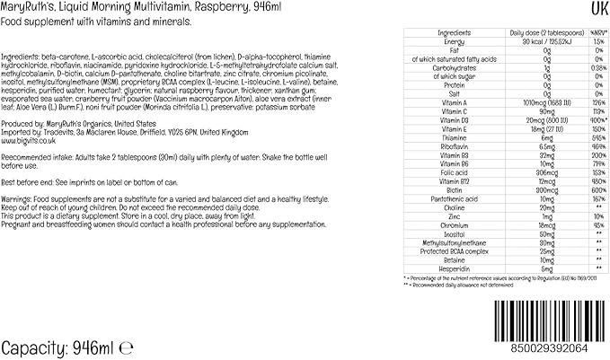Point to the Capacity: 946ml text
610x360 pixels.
pyautogui.click(x=57, y=347)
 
